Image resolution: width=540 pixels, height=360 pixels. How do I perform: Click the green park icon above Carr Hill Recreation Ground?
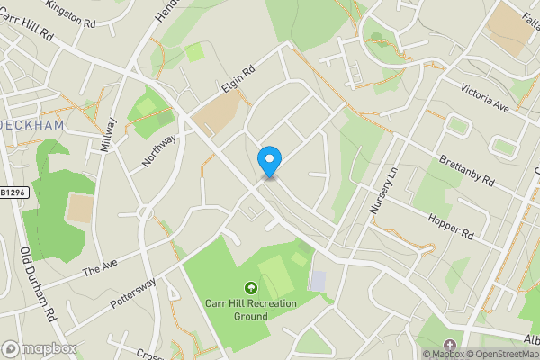pos(250,288)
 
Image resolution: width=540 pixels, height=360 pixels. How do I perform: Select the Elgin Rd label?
pos(238,81)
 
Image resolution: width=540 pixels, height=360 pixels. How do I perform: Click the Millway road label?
pos(109,136)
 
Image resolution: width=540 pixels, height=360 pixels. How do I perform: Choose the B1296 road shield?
pos(13,193)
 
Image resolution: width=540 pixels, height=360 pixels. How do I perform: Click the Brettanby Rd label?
pos(467,168)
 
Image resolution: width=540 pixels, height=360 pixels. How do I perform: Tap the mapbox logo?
pos(40,347)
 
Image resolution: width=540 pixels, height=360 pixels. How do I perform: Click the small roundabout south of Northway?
pos(143,214)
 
